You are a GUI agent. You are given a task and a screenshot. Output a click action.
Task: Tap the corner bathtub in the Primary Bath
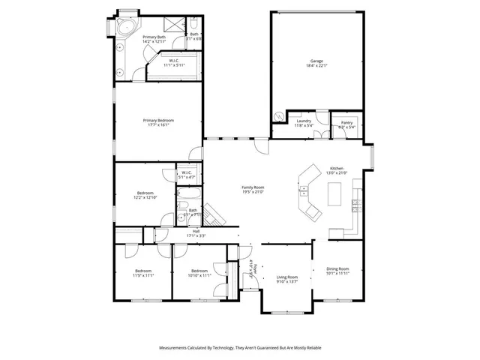point(124,28)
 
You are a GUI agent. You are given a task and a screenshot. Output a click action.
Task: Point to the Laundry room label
point(304,121)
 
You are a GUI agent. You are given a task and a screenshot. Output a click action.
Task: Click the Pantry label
point(346,122)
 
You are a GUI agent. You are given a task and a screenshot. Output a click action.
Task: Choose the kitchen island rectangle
point(335,194)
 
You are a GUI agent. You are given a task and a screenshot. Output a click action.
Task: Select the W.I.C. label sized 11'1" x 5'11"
point(173,64)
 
